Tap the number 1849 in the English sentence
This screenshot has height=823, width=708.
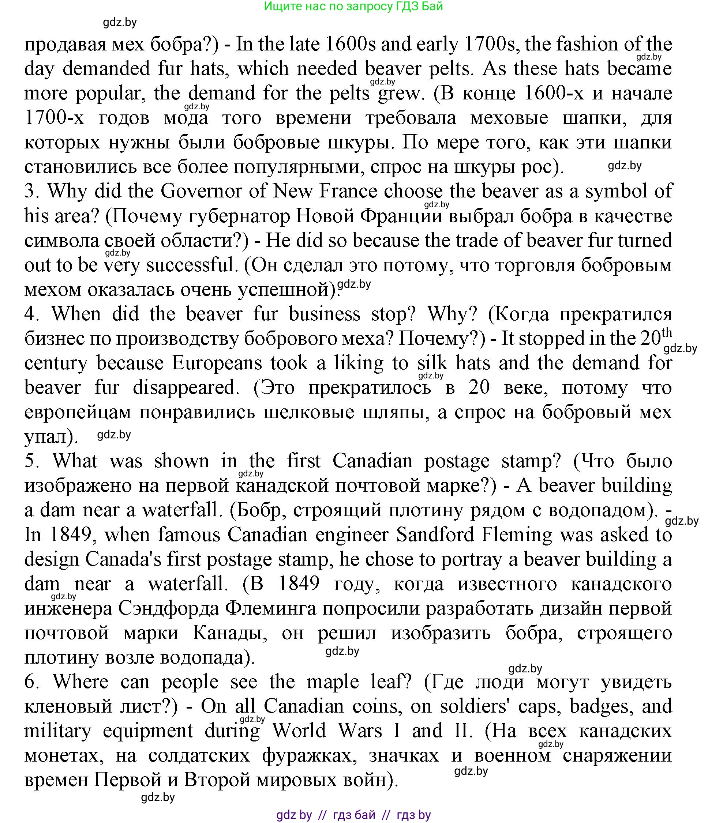pos(73,535)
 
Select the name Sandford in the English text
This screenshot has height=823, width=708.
pos(435,535)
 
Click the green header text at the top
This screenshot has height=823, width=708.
pos(353,6)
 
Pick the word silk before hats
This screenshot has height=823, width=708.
pos(432,363)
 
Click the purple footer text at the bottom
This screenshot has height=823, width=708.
pos(353,815)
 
